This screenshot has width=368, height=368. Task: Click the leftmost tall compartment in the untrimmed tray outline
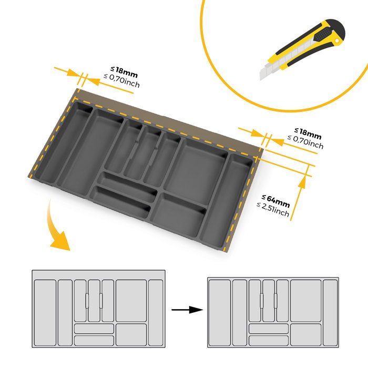tap(44, 312)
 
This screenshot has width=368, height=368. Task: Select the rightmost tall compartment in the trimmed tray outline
tap(330, 312)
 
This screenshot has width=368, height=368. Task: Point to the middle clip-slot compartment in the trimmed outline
tap(268, 301)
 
